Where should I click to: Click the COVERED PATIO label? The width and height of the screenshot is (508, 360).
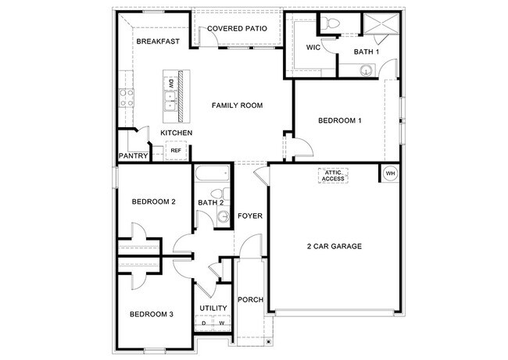click(x=237, y=29)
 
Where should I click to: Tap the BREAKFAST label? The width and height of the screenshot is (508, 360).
click(x=159, y=41)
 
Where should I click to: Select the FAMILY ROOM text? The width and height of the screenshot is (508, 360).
click(x=237, y=105)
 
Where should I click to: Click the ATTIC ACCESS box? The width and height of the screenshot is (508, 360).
click(x=333, y=176)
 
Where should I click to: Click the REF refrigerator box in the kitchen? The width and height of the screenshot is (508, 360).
click(x=176, y=151)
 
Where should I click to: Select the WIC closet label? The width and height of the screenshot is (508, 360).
click(x=313, y=48)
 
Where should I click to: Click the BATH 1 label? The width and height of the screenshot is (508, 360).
click(x=366, y=52)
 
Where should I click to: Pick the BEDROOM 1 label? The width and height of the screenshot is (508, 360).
click(x=340, y=120)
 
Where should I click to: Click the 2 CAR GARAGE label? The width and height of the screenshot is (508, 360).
click(x=334, y=247)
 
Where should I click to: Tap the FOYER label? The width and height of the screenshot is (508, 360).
click(x=250, y=216)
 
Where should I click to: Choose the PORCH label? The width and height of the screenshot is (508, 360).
click(x=251, y=300)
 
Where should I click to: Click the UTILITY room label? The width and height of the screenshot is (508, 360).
click(x=213, y=308)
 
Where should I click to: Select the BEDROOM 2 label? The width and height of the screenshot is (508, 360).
click(x=153, y=201)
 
